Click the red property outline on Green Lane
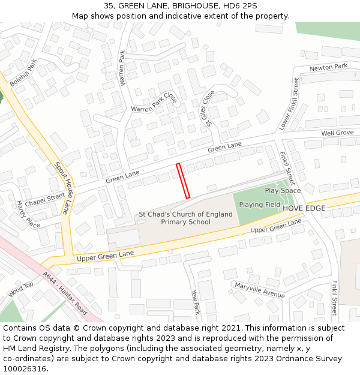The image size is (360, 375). (x=184, y=181)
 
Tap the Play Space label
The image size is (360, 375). (x=283, y=191)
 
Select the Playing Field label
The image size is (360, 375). (x=260, y=205)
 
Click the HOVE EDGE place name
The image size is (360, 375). (x=304, y=208)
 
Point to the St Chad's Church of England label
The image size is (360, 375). (x=185, y=214)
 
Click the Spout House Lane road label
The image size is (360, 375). (x=61, y=188)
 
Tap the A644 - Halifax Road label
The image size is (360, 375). (x=65, y=295)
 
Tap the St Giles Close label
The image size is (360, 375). (x=208, y=107)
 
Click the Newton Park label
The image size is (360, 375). (x=328, y=67)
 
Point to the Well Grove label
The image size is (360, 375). (x=337, y=133)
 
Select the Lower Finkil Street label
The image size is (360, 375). (x=289, y=104)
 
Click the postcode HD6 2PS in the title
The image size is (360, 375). (x=239, y=6)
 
